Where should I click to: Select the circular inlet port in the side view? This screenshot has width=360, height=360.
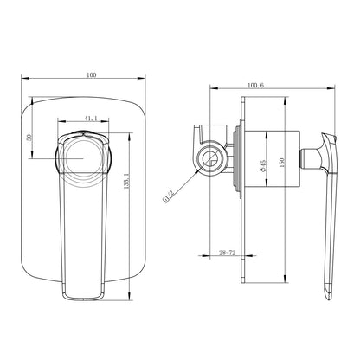(x=209, y=158)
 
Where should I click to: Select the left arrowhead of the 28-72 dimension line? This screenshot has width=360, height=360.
(x=202, y=257)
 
